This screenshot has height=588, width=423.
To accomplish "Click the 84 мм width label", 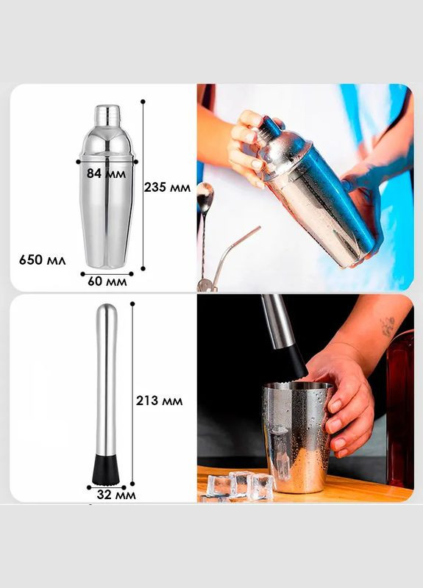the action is (x=106, y=173).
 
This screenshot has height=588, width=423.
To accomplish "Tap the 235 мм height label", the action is (x=167, y=187).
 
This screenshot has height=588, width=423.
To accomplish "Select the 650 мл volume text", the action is (x=43, y=259).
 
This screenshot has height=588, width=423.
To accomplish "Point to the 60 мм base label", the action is (x=107, y=282).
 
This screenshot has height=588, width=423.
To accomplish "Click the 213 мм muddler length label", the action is (x=159, y=401).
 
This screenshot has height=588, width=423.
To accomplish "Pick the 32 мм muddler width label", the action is (x=116, y=495).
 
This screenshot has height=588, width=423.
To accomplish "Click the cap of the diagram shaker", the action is (x=107, y=115).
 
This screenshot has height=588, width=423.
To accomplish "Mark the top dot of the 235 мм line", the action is (x=143, y=101).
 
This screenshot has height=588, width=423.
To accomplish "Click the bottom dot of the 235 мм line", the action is (x=143, y=268).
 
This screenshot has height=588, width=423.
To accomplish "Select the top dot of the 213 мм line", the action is (x=132, y=304).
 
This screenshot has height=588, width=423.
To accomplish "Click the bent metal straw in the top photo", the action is (x=230, y=255).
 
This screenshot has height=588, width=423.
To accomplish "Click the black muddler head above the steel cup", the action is (x=296, y=361).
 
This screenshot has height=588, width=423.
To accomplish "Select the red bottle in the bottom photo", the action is (x=400, y=409).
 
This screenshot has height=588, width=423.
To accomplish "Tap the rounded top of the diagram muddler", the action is (x=107, y=310).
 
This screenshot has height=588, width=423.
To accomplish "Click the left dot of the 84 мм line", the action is (x=78, y=162).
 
